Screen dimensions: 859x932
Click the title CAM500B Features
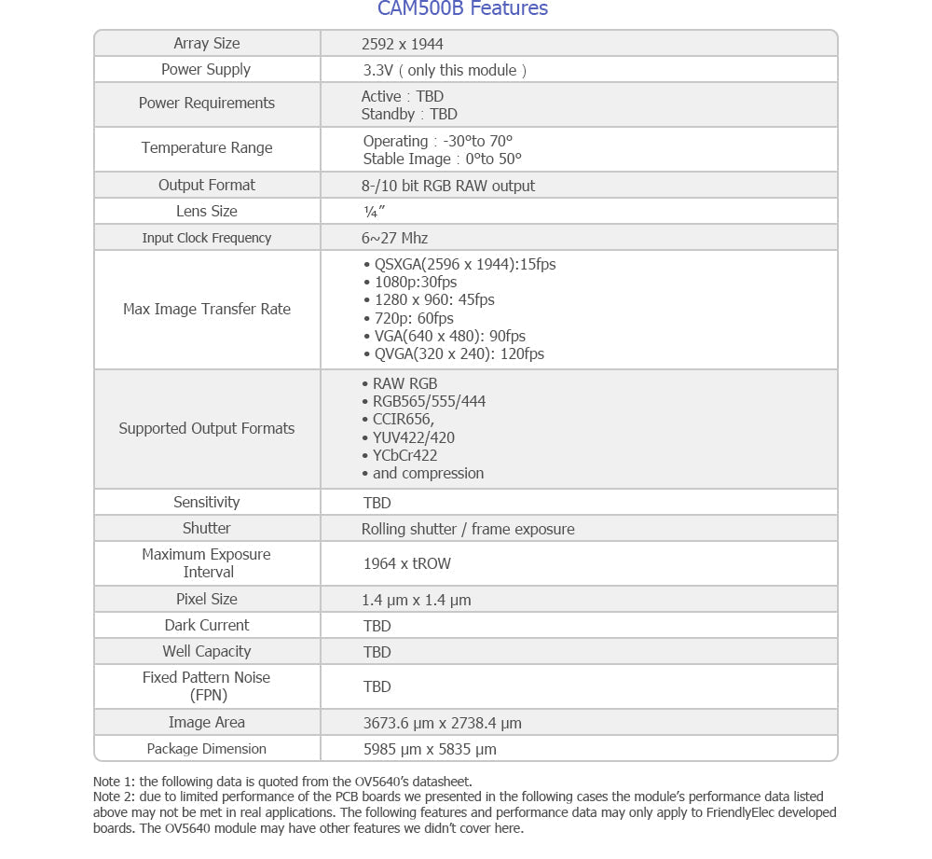coord(462,9)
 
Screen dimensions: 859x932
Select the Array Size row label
coord(206,44)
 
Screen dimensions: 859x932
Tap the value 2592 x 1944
coord(403,44)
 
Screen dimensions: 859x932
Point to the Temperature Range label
coord(207,147)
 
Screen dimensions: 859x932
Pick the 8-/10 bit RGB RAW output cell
coord(448,186)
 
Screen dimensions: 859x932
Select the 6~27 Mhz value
coord(395,238)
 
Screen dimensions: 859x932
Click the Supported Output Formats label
coord(207,428)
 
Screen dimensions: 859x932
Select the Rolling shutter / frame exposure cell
coord(468,529)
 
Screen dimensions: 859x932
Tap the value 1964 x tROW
coord(407,563)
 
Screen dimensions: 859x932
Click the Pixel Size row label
coord(207,599)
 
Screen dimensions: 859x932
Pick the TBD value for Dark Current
coord(377,626)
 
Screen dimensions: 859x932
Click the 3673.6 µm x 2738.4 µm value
coord(442,723)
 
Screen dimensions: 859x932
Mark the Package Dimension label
coord(207,749)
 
